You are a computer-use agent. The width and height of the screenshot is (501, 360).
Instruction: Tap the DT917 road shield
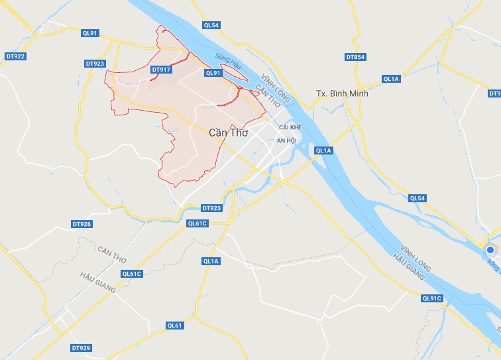click(161, 69)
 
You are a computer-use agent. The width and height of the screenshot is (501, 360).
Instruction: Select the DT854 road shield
click(356, 57)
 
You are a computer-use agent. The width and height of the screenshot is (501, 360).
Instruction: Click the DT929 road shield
click(80, 347)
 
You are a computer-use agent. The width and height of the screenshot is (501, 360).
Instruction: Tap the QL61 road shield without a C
click(174, 325)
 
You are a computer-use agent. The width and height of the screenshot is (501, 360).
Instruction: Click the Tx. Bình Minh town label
click(342, 93)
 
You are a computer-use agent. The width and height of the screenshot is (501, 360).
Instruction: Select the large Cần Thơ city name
click(227, 133)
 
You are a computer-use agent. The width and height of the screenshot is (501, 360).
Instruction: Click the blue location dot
click(491, 251)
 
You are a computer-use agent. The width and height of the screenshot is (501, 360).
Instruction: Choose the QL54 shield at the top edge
click(211, 25)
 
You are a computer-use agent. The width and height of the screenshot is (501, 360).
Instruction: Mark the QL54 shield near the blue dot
click(417, 198)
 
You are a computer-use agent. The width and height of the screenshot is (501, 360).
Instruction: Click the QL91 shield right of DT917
click(213, 73)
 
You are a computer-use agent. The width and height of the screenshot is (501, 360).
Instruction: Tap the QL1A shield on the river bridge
click(323, 151)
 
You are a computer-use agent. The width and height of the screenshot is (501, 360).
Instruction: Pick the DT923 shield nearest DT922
click(95, 64)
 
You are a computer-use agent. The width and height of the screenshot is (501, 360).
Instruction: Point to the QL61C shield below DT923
click(197, 223)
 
